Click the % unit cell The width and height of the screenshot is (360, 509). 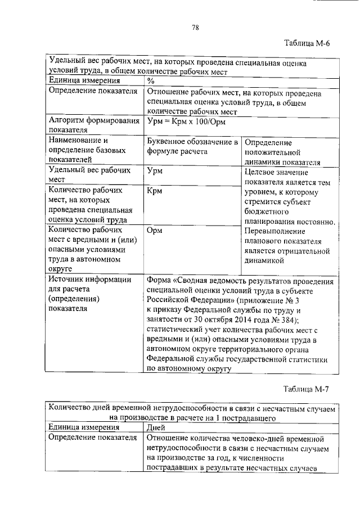pos(150,81)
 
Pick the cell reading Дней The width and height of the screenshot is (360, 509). pos(157,427)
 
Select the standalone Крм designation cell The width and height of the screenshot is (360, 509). pos(154,191)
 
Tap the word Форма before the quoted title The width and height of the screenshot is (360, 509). pos(158,280)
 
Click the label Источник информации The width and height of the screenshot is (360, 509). pos(90,280)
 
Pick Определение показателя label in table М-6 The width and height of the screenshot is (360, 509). pos(93,92)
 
